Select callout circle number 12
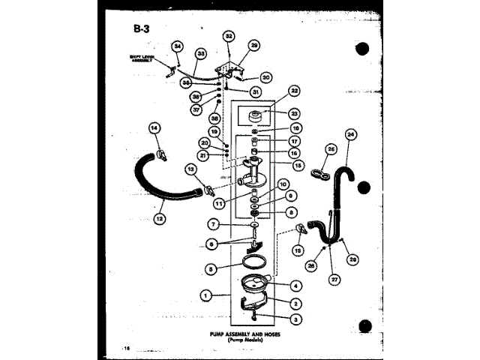click(x=159, y=218)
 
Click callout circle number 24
click(x=349, y=135)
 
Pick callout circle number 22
click(x=294, y=91)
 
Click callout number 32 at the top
click(x=229, y=36)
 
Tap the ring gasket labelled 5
click(x=253, y=260)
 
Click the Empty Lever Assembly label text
click(x=141, y=58)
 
